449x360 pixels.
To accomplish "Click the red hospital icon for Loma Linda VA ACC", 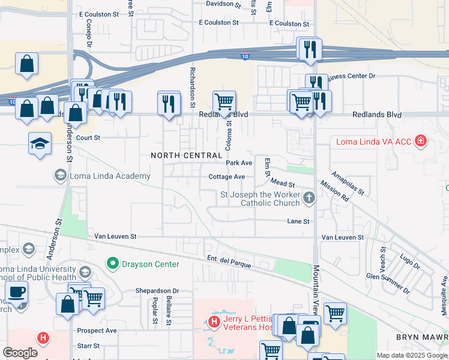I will [x=421, y=142].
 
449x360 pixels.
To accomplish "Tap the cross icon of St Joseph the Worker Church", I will [x=309, y=197].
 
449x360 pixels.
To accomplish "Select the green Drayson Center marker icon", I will [x=112, y=263].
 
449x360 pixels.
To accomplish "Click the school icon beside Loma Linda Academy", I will [x=60, y=175].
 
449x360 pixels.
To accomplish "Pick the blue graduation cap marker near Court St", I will [x=40, y=143].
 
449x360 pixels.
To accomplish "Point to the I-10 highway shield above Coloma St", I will [x=245, y=56].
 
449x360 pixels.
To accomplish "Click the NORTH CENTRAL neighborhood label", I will [x=187, y=155].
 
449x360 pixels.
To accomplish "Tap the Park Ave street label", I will [x=239, y=163].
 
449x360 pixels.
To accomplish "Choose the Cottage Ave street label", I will [x=226, y=176].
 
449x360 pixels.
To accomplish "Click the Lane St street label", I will [x=298, y=221].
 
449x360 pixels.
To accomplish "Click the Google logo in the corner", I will [x=20, y=352].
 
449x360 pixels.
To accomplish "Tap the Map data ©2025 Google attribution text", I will [x=412, y=355].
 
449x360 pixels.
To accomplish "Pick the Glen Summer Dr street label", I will [x=388, y=283].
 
